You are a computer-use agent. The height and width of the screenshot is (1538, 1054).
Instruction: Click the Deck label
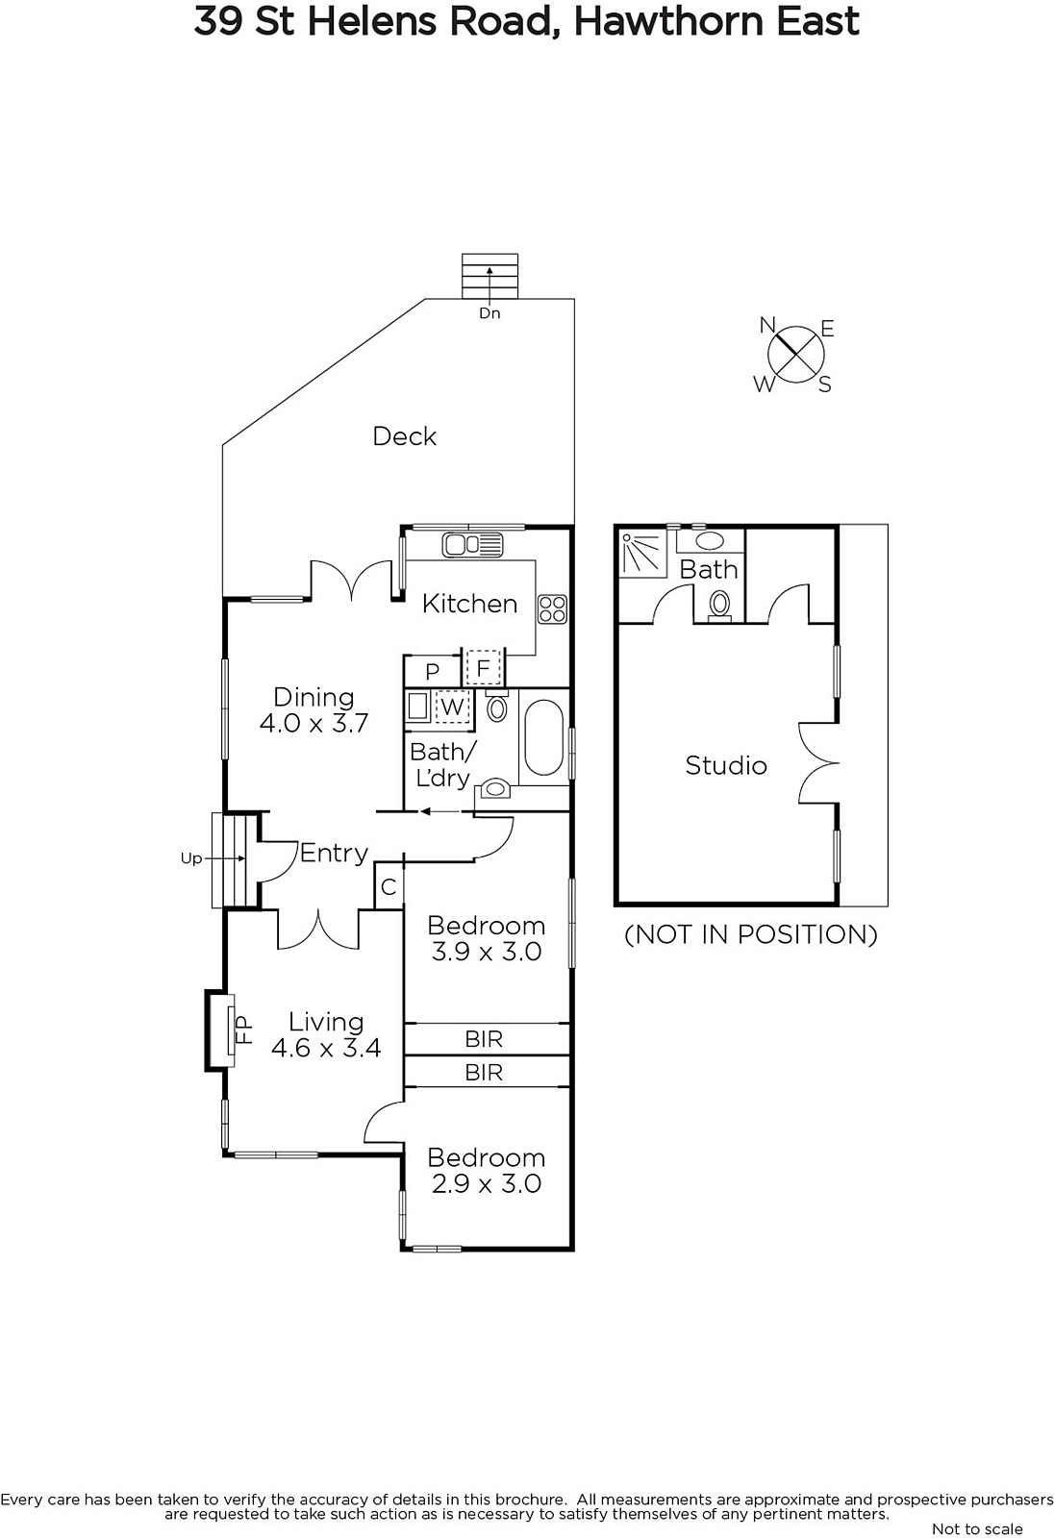[x=404, y=436]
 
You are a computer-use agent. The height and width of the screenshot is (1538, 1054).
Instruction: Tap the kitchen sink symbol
[x=473, y=544]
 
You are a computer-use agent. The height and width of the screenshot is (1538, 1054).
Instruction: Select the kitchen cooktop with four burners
[x=552, y=609]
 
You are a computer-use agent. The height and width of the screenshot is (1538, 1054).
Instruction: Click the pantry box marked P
[x=432, y=671]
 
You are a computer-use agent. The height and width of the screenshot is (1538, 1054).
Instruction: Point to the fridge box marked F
[x=483, y=667]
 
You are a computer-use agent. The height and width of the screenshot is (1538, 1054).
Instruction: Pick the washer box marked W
[x=451, y=707]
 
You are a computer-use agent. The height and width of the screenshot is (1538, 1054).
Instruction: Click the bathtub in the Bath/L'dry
[x=544, y=738]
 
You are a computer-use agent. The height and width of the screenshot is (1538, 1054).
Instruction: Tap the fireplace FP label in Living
[x=244, y=1029]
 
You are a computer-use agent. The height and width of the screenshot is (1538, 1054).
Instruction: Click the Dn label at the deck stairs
[x=489, y=313]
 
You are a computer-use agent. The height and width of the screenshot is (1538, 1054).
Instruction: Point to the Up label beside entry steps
[x=191, y=858]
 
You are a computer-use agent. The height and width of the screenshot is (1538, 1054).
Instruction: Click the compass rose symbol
[x=796, y=354]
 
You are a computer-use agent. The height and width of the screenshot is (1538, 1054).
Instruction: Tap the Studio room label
[x=725, y=765]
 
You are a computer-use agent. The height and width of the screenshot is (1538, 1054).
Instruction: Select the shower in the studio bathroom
[x=643, y=552]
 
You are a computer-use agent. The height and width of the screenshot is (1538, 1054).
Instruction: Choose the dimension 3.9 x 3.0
[x=487, y=951]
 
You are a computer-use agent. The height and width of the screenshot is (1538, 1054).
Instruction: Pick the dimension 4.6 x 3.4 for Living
[x=326, y=1048]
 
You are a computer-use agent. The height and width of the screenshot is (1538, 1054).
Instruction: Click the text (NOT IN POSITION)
[x=750, y=934]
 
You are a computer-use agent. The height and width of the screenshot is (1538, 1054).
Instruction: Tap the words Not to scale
[x=977, y=1528]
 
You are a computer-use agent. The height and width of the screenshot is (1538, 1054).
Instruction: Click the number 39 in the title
[x=217, y=21]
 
